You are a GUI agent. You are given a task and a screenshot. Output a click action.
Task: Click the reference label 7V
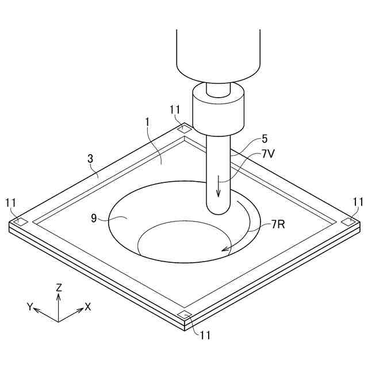tap(267, 154)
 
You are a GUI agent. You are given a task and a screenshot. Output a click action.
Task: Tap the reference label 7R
tap(278, 225)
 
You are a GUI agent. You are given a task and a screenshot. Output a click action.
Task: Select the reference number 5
tap(264, 139)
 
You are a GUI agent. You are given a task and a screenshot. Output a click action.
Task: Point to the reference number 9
tap(94, 218)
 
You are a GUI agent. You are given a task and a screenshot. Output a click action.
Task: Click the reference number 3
tap(90, 159)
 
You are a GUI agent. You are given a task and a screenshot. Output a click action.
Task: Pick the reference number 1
tap(147, 122)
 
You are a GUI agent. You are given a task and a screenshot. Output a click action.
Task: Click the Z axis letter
tap(59, 287)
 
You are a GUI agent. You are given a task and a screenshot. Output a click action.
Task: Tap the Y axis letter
tap(30, 306)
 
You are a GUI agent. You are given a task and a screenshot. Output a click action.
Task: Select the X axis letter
tap(88, 306)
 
